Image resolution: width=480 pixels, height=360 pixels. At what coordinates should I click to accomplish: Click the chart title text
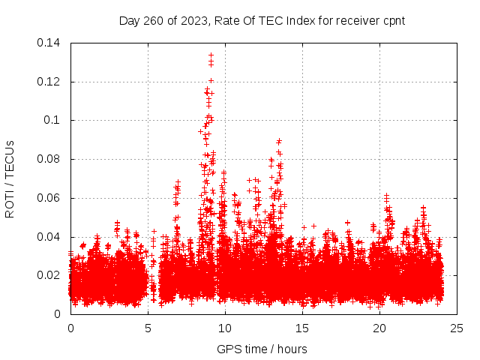pos(262,20)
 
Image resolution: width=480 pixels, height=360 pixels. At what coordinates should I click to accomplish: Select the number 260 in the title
pos(153,20)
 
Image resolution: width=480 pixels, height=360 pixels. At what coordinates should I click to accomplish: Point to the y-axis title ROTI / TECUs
pos(10,178)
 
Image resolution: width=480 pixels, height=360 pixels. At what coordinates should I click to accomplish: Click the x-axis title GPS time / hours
pos(262,349)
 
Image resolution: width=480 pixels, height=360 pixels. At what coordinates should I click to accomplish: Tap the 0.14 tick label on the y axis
pos(49,43)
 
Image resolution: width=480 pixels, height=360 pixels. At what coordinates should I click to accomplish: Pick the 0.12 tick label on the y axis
pos(49,81)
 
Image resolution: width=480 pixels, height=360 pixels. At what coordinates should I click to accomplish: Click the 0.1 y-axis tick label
pos(52,120)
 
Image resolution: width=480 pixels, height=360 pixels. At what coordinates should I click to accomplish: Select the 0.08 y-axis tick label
pos(49,159)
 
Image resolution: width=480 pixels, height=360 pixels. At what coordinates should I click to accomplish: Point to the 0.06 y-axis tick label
pos(49,198)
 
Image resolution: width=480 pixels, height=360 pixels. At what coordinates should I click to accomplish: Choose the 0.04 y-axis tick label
pos(49,237)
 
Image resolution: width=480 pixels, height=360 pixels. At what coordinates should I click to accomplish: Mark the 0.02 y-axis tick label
pos(49,275)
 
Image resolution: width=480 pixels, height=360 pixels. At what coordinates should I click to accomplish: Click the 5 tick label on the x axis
pos(148,328)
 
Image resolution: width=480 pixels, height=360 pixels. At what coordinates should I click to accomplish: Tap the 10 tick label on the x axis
pos(225,328)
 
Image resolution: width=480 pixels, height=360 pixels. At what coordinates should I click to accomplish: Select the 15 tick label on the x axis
pos(303,328)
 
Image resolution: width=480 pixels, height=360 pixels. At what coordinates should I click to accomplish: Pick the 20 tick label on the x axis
pos(380,328)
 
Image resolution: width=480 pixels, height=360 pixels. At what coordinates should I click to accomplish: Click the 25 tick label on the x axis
pos(457,328)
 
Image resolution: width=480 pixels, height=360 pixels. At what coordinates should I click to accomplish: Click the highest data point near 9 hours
pos(211,55)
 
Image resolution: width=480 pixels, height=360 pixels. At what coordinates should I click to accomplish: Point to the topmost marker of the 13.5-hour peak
pos(279,140)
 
